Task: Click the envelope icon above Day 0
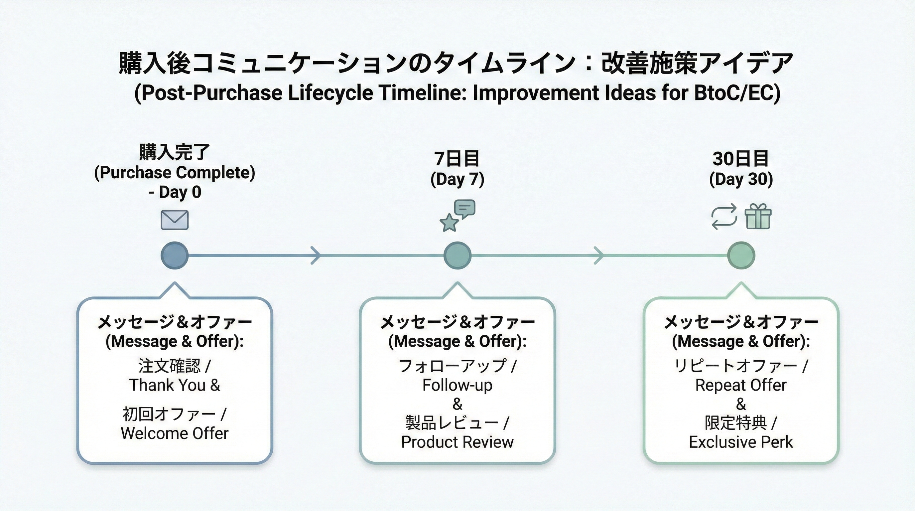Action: [175, 220]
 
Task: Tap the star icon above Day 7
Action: [449, 223]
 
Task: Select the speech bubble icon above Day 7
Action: [464, 209]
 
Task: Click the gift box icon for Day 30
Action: [758, 217]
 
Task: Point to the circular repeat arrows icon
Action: [724, 217]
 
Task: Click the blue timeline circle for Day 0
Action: [175, 255]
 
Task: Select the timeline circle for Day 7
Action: [457, 255]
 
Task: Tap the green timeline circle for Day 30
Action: [741, 255]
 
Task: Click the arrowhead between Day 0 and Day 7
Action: [316, 255]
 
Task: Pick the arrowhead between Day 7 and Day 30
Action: [599, 255]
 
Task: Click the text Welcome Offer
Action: [175, 433]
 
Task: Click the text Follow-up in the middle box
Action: [457, 385]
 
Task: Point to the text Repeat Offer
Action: [741, 385]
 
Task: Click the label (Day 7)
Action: [457, 179]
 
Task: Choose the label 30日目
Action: [741, 158]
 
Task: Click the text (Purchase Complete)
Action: [175, 172]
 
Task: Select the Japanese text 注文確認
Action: [170, 366]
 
